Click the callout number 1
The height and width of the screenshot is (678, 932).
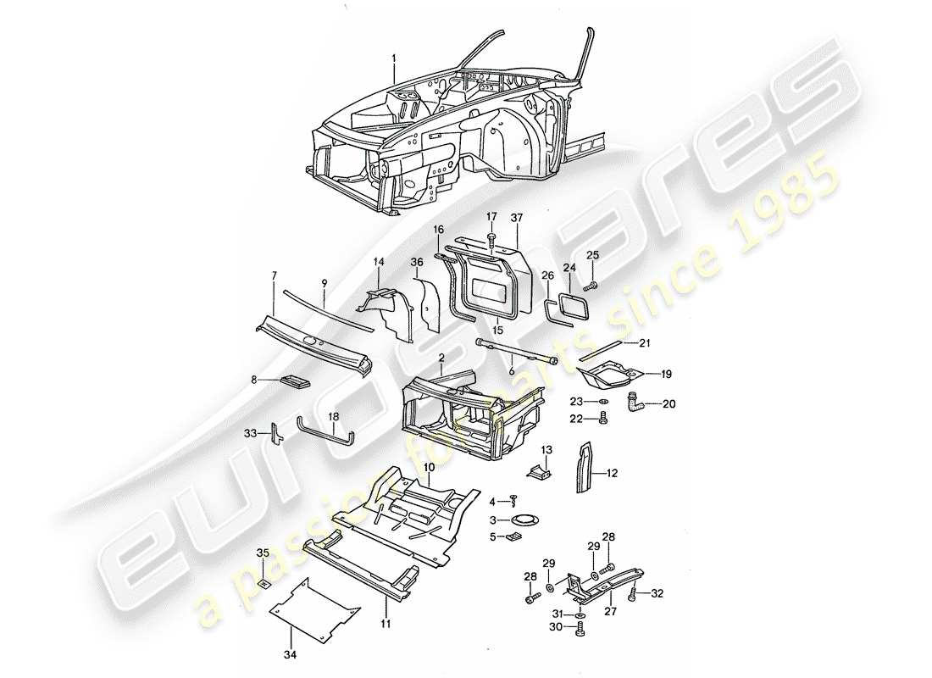coord(394,58)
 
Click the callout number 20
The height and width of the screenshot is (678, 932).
coord(668,404)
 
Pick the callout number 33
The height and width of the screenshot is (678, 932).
coord(250,434)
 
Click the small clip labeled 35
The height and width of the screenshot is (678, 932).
coord(264,581)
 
